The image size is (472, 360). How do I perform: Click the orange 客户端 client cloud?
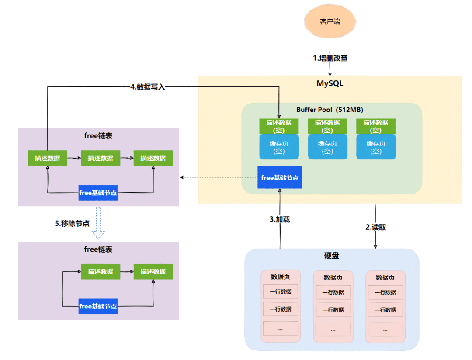pyautogui.click(x=330, y=21)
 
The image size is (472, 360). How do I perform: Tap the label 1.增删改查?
pyautogui.click(x=330, y=58)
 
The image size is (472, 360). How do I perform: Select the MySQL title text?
pyautogui.click(x=330, y=83)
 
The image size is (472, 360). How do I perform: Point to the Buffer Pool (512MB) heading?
pyautogui.click(x=330, y=110)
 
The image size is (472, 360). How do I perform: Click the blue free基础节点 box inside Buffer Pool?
pyautogui.click(x=280, y=177)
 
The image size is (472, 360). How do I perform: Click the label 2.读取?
pyautogui.click(x=375, y=227)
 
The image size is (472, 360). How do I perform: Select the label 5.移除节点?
pyautogui.click(x=72, y=223)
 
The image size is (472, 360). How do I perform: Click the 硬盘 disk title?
pyautogui.click(x=332, y=256)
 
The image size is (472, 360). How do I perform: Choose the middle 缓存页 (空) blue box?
pyautogui.click(x=327, y=147)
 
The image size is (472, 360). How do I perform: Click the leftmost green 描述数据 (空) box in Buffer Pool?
pyautogui.click(x=279, y=126)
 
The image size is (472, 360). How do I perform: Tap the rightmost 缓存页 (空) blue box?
pyautogui.click(x=376, y=147)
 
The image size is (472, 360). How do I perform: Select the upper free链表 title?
pyautogui.click(x=98, y=136)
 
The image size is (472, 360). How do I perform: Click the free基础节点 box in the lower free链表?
pyautogui.click(x=98, y=306)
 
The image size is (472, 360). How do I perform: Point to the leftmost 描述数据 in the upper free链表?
pyautogui.click(x=48, y=158)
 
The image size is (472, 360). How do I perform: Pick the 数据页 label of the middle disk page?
pyautogui.click(x=333, y=277)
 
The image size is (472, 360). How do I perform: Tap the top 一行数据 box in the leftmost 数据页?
pyautogui.click(x=280, y=292)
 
